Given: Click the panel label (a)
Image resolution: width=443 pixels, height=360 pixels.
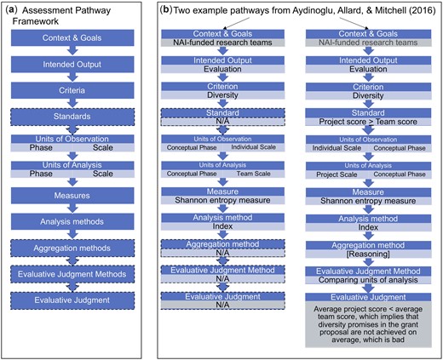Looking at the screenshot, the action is pyautogui.click(x=12, y=10).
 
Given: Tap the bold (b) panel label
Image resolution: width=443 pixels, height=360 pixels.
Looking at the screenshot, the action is pyautogui.click(x=166, y=10).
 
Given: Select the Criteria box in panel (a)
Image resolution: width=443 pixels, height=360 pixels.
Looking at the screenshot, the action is pyautogui.click(x=72, y=90).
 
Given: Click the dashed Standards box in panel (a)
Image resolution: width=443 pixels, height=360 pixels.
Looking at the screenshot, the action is pyautogui.click(x=72, y=117).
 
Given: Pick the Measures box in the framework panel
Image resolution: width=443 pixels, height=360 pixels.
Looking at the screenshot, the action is pyautogui.click(x=72, y=196).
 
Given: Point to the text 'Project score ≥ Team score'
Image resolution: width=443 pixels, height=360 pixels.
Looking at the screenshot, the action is pyautogui.click(x=368, y=122).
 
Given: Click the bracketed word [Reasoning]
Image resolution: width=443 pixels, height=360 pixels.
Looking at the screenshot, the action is pyautogui.click(x=368, y=254).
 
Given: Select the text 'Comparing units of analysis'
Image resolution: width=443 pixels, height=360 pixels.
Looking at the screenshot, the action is pyautogui.click(x=368, y=280).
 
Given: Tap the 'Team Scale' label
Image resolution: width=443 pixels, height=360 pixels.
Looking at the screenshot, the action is pyautogui.click(x=254, y=174).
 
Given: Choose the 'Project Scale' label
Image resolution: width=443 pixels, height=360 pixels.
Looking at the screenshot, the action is pyautogui.click(x=337, y=174).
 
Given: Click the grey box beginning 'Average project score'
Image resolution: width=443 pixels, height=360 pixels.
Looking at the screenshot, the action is pyautogui.click(x=368, y=324).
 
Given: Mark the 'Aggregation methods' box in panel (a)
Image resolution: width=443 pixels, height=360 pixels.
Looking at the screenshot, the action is pyautogui.click(x=72, y=249).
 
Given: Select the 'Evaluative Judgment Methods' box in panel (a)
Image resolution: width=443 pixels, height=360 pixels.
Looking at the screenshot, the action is pyautogui.click(x=72, y=274).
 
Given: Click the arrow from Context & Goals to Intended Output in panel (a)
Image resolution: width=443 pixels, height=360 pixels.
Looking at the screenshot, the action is pyautogui.click(x=72, y=50).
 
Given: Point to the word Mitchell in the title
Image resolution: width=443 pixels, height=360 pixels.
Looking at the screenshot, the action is pyautogui.click(x=390, y=10).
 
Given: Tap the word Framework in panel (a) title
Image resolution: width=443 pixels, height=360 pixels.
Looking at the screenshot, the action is pyautogui.click(x=36, y=21).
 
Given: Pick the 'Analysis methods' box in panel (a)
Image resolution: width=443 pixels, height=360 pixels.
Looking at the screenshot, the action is pyautogui.click(x=72, y=221).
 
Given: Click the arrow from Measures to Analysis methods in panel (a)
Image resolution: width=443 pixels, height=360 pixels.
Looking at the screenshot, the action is pyautogui.click(x=72, y=209).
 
